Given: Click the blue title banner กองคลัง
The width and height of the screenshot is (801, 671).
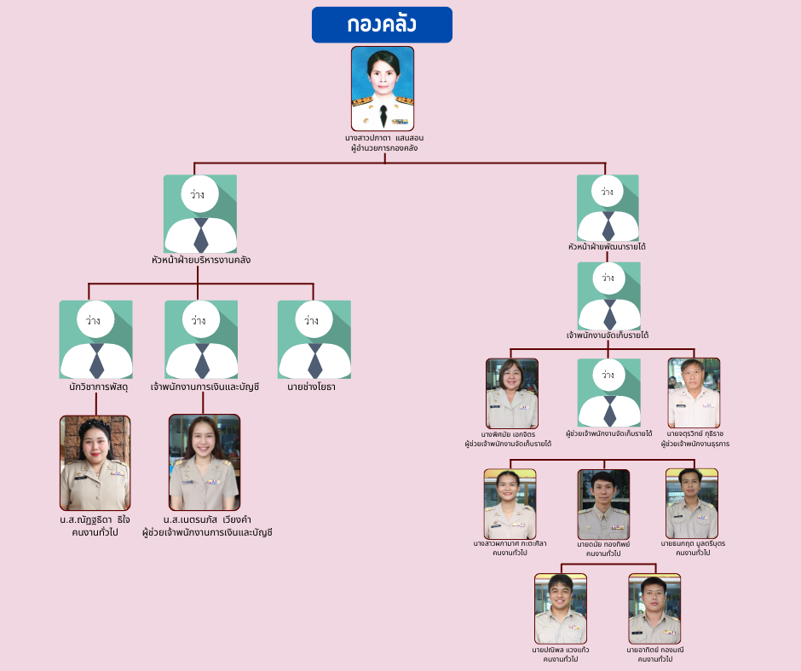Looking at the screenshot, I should point(382,25).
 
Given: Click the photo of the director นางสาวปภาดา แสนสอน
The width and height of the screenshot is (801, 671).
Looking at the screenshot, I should point(383,88).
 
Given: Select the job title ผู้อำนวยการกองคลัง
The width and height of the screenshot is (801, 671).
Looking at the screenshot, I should point(384,148).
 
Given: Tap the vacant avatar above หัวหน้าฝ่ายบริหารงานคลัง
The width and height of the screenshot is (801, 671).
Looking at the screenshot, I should point(200,214).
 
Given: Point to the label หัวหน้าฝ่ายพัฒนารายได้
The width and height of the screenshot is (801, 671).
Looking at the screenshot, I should point(608,247).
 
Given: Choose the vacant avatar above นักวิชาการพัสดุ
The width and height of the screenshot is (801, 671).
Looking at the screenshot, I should point(95,340).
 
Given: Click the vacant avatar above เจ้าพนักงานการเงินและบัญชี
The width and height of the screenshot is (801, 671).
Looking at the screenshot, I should point(201,340).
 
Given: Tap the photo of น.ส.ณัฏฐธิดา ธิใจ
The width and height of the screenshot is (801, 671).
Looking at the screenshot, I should point(95,462).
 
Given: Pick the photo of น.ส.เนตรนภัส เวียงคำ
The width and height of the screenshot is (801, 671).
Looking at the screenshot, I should point(204,462).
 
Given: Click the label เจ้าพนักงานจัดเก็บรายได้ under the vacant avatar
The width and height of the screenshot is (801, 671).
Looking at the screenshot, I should point(608,335).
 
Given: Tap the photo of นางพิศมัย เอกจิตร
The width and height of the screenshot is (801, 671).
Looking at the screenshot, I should point(512,393).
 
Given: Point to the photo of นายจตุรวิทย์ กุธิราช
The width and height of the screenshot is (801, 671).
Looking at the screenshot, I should point(694,393).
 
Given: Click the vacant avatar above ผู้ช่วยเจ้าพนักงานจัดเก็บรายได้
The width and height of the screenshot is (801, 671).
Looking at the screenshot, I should point(608,393).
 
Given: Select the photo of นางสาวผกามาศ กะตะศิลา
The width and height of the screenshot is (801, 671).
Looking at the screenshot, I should point(510,503).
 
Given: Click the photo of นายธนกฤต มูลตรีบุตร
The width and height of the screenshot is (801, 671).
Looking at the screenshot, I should point(692,503).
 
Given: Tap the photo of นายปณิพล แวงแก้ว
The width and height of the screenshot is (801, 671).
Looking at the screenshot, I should point(561,608).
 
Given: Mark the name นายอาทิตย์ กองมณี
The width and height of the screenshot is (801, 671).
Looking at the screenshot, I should point(654,650).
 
